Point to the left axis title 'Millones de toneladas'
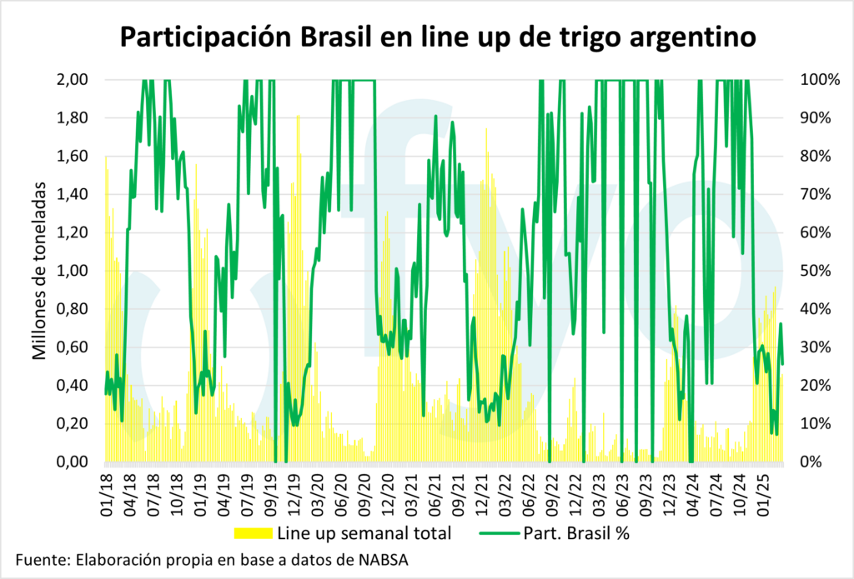(x=39, y=270)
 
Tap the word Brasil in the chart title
(x=328, y=37)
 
